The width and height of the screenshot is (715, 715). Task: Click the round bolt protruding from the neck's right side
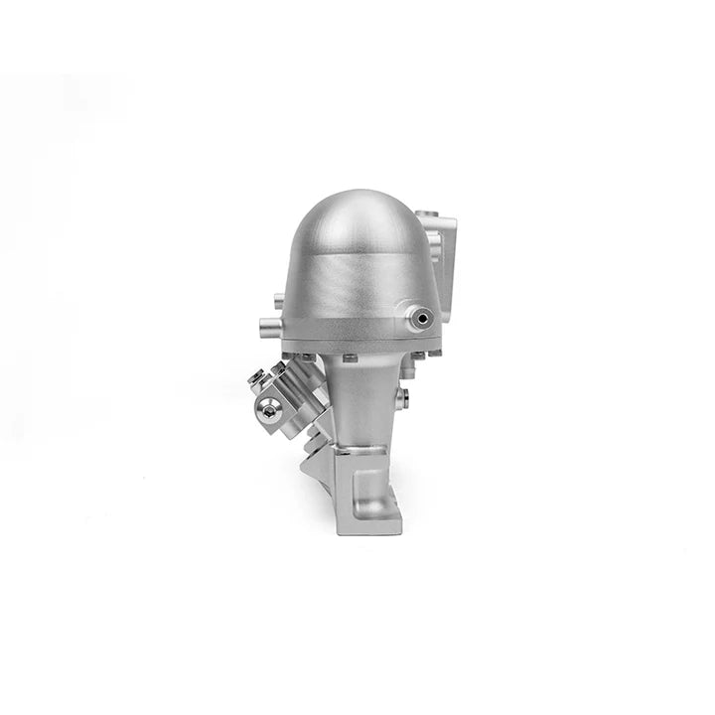coord(404,397)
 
